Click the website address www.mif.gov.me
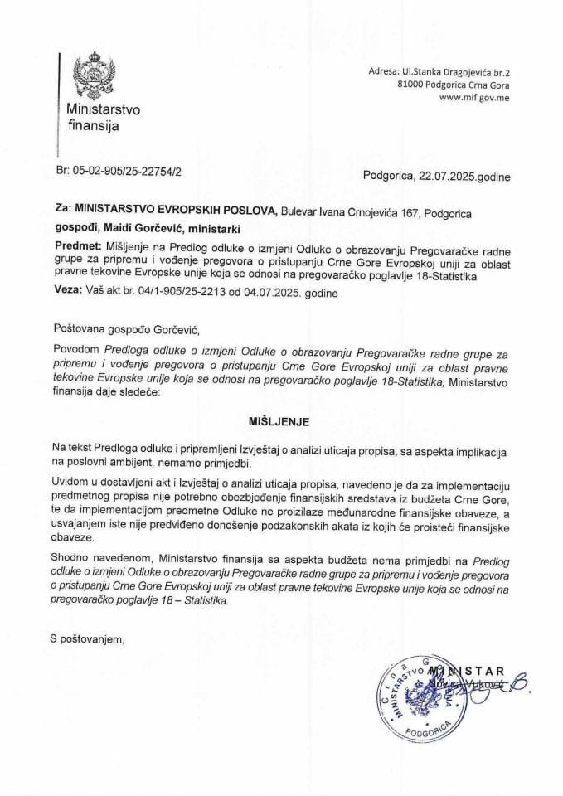475,97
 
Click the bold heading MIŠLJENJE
280,421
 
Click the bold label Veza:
67,291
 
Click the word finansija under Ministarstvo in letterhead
93,126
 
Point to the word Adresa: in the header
387,72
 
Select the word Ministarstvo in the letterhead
104,109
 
